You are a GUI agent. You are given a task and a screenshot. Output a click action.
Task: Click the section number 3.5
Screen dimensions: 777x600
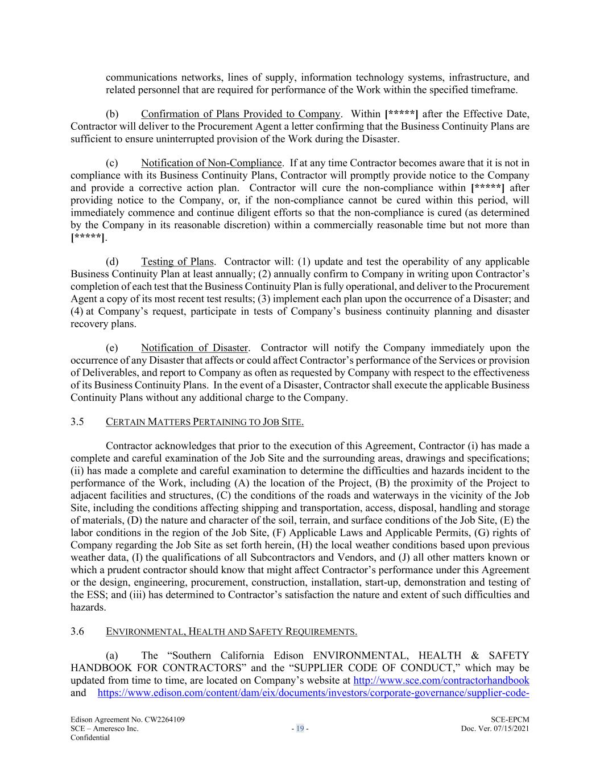coord(77,422)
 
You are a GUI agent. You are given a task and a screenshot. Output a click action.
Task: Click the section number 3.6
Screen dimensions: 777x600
coord(77,631)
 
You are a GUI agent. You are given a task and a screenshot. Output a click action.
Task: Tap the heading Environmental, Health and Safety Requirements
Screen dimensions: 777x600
coord(231,631)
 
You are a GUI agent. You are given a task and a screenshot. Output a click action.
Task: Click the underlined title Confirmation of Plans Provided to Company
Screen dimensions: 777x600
coord(240,114)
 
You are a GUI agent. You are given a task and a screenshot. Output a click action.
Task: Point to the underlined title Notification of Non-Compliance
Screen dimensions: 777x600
coord(211,163)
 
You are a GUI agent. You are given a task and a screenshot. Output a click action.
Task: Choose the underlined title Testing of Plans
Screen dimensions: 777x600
coord(177,262)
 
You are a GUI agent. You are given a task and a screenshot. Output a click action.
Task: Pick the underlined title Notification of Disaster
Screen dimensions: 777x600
coord(195,348)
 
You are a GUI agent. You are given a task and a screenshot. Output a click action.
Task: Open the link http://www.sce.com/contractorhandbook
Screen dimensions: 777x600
coord(441,680)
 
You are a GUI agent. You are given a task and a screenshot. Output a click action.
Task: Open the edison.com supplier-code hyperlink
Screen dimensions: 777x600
coord(314,693)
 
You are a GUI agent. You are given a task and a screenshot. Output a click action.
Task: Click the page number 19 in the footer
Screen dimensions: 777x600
coord(300,729)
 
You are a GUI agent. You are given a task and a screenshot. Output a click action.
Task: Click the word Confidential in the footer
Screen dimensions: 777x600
coord(90,737)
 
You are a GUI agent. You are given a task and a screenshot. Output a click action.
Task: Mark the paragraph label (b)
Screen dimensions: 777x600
coord(112,114)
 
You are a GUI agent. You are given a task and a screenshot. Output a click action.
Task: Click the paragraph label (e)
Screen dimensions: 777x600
coord(112,348)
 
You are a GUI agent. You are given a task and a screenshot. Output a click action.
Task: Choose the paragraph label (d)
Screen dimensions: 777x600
coord(112,262)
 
